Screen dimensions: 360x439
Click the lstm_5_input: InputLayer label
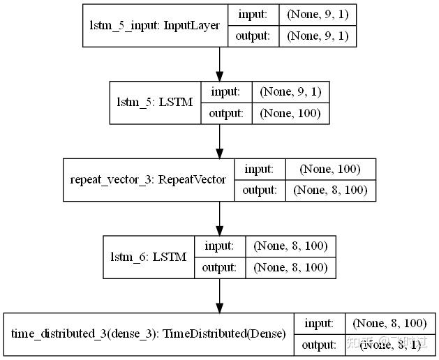[x=154, y=26]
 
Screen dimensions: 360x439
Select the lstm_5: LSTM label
[x=154, y=102]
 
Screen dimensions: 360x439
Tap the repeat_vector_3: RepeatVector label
[x=148, y=179]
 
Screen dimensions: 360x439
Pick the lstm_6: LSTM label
[x=149, y=257]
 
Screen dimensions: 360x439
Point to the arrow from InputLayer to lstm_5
[x=220, y=64]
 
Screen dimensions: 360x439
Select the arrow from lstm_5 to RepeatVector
[x=220, y=141]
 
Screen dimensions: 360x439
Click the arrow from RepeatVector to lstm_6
[x=220, y=218]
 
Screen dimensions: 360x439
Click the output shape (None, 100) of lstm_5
[x=290, y=113]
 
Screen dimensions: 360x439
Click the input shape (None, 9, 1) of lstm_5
[x=290, y=91]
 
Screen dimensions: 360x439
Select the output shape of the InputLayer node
[x=318, y=36]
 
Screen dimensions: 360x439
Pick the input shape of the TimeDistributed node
[x=389, y=323]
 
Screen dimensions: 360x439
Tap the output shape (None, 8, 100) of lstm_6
[x=290, y=267]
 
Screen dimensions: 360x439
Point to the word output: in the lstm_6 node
[x=220, y=267]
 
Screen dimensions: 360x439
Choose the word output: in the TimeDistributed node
[x=320, y=345]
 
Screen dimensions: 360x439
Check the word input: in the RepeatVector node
[x=259, y=169]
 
